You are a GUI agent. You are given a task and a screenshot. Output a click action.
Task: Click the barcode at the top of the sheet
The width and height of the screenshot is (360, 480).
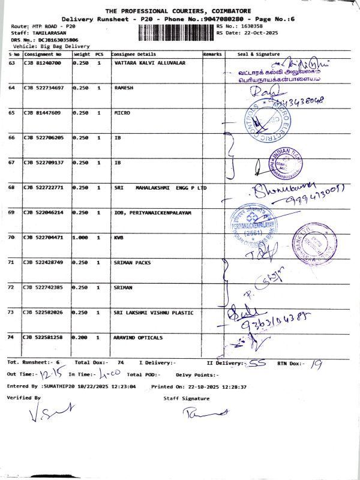tap(176, 32)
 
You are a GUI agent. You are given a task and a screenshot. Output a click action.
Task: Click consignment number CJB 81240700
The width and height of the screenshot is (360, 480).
tap(43, 62)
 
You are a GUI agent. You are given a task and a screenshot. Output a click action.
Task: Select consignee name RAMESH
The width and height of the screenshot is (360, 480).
tap(124, 88)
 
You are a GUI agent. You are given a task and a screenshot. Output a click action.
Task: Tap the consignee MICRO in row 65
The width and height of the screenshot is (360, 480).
tap(122, 113)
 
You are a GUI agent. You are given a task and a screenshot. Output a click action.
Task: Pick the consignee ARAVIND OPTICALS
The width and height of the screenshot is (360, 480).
tap(138, 338)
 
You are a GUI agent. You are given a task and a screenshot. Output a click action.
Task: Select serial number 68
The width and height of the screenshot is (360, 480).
tap(11, 188)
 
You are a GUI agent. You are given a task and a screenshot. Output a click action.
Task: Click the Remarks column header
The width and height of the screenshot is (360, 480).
tap(212, 54)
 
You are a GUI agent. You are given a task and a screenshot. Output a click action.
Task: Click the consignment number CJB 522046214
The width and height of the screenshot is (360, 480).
tap(43, 213)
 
